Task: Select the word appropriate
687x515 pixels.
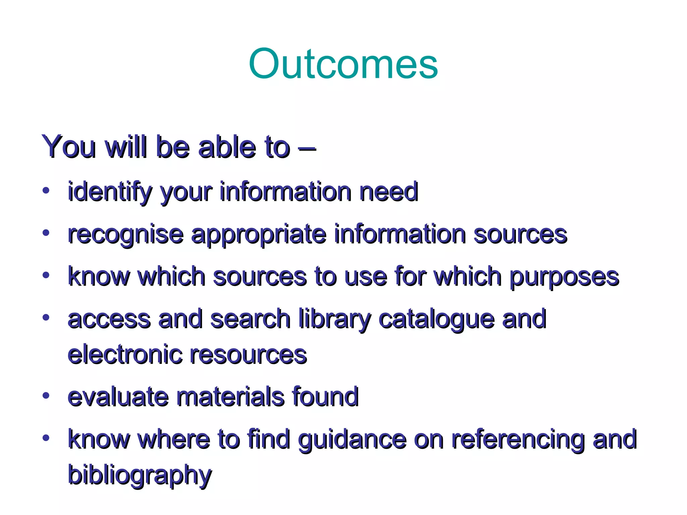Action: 259,235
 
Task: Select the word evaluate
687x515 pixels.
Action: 118,397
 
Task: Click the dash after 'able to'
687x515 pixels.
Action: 307,148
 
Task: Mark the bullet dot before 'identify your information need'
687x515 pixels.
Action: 46,190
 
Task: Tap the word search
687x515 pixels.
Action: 250,319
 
